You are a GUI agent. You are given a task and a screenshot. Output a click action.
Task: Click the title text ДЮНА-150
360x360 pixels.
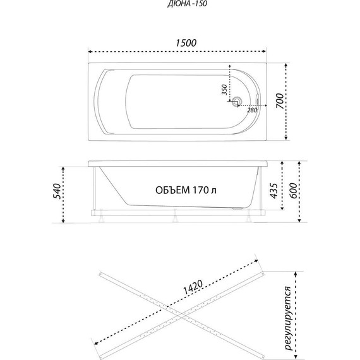coord(188,4)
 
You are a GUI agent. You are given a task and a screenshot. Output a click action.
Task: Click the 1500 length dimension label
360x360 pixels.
coord(186,43)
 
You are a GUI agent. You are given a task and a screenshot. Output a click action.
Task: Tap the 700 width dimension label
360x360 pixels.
coord(280,101)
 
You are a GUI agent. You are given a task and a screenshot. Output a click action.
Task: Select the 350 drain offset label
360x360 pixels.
coord(224,90)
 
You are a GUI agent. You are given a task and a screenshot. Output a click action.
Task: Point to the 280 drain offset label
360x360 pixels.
coord(252,110)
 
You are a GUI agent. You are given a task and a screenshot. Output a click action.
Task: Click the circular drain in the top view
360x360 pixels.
coord(236,101)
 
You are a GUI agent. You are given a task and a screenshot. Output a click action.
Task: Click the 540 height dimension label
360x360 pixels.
coord(57,191)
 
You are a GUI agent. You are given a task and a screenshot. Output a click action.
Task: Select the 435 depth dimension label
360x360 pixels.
coord(273,191)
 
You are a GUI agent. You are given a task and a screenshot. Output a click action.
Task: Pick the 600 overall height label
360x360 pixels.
coord(293,191)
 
